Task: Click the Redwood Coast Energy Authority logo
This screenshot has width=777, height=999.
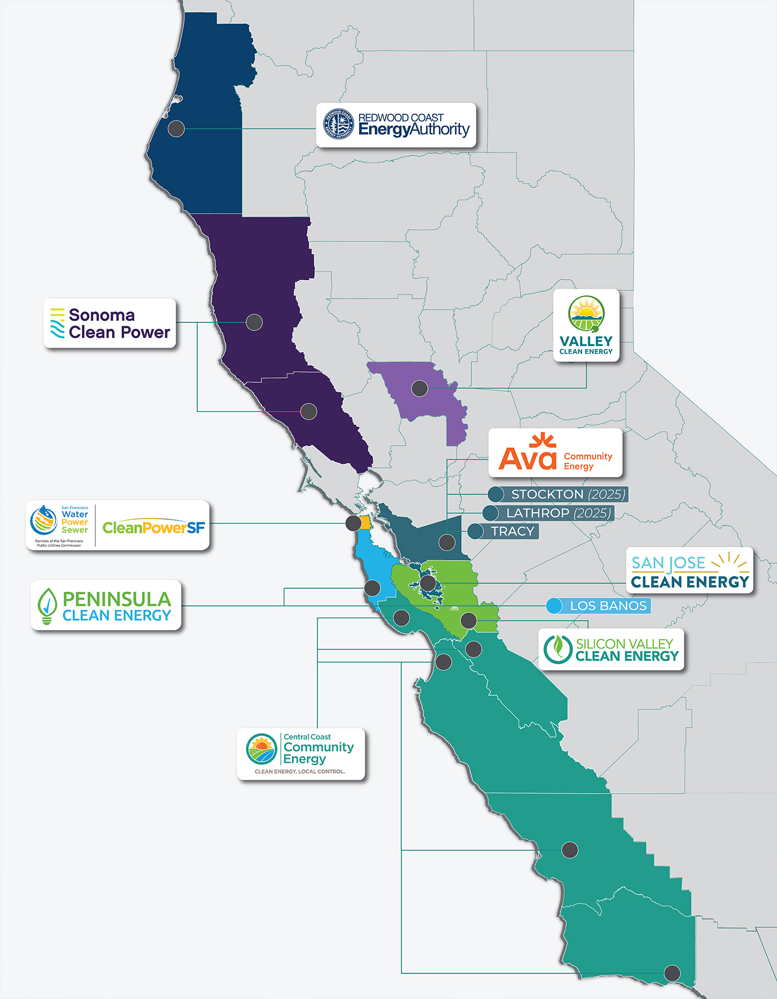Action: tap(396, 125)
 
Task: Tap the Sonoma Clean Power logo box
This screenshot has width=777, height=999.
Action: tap(110, 324)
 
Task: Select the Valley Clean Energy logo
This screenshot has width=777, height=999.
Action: tap(586, 326)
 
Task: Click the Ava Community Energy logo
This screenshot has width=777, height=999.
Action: tap(555, 453)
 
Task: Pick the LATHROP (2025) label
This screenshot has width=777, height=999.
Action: tap(557, 513)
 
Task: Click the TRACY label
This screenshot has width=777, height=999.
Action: tap(512, 531)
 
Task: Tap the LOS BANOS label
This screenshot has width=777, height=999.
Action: tap(608, 606)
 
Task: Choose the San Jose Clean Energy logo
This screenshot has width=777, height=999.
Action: tap(690, 571)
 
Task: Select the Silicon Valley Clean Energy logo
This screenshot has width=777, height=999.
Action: tap(611, 649)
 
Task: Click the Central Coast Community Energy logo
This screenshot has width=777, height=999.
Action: tap(301, 754)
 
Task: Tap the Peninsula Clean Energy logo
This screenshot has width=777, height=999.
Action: tap(105, 606)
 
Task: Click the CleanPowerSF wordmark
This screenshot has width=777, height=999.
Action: tap(154, 527)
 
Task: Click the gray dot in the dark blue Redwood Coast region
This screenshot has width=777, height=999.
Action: tap(176, 128)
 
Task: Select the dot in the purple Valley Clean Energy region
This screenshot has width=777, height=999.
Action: tap(420, 389)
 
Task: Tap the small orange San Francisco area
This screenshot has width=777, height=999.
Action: tap(366, 523)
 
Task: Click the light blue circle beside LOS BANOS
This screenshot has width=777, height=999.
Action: tap(554, 606)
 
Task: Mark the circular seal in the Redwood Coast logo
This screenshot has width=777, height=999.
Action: tap(339, 124)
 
